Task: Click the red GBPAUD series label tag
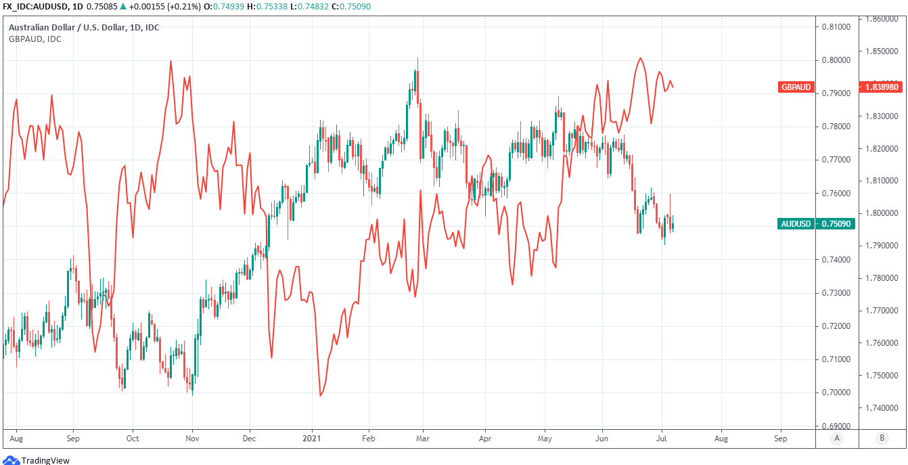pos(795,87)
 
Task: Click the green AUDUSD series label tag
pos(795,224)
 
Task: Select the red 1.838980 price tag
pos(882,87)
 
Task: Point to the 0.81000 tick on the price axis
pos(836,27)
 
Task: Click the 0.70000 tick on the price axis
pos(836,393)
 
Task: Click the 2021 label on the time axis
pos(312,438)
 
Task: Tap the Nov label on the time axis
pos(192,438)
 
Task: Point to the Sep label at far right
pos(780,438)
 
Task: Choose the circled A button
pos(837,438)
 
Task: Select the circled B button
pos(882,438)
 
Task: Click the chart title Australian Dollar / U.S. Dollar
pos(84,28)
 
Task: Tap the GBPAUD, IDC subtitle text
pos(35,39)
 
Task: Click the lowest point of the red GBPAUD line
pos(320,395)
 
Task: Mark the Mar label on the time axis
pos(423,438)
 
